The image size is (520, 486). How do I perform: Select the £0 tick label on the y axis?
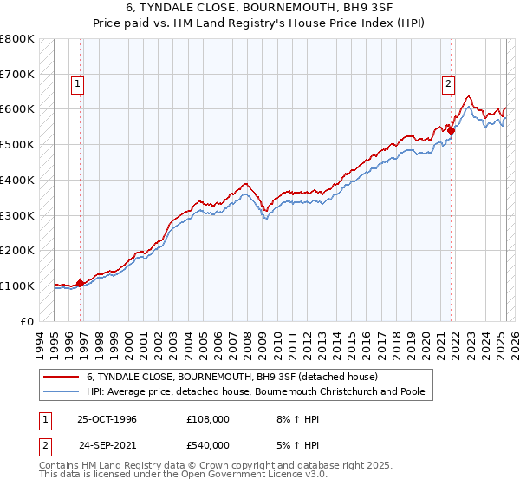[x=26, y=321]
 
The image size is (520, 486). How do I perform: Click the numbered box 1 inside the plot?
[x=78, y=84]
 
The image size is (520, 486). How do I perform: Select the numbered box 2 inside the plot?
[x=448, y=84]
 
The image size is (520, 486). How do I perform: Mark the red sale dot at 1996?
[x=81, y=283]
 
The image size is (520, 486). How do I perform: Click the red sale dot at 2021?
[x=452, y=130]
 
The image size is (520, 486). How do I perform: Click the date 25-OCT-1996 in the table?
[x=107, y=419]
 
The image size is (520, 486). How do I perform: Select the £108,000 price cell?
[x=208, y=419]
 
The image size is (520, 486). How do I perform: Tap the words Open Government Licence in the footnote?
[x=260, y=476]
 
